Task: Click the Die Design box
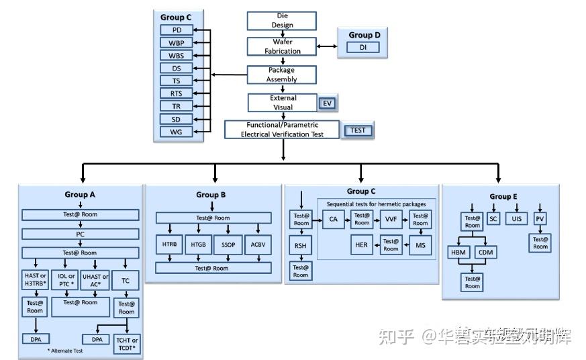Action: [x=282, y=20]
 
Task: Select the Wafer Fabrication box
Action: [x=282, y=46]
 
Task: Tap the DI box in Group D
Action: [x=363, y=48]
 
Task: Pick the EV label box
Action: [x=328, y=103]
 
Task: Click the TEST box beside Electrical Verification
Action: [x=358, y=130]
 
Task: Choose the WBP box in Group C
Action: [x=176, y=43]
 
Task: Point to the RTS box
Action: [x=176, y=93]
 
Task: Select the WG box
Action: [x=176, y=132]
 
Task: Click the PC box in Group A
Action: [x=81, y=234]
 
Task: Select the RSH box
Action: [x=300, y=246]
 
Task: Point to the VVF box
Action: [x=391, y=220]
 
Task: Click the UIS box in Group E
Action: [x=516, y=220]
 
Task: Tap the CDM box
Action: [x=487, y=253]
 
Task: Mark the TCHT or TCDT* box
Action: [x=126, y=344]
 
